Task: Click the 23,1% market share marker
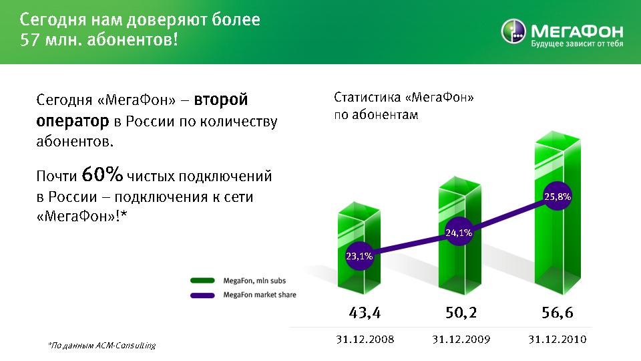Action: click(x=359, y=256)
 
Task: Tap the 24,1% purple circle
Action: click(x=459, y=233)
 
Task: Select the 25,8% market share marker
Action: click(x=558, y=197)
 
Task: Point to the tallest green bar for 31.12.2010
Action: click(x=558, y=213)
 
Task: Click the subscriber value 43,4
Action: click(x=365, y=313)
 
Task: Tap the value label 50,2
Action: click(x=461, y=313)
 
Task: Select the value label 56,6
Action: click(x=558, y=313)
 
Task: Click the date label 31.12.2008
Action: click(x=365, y=340)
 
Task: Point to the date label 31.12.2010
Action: click(x=558, y=340)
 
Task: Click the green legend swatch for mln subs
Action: click(x=202, y=281)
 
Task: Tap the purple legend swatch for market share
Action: click(x=202, y=295)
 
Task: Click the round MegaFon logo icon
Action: click(x=513, y=31)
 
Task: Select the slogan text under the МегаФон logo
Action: click(x=577, y=43)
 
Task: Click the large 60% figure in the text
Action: click(x=102, y=174)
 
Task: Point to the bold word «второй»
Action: click(x=221, y=100)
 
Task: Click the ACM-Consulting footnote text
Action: click(x=102, y=346)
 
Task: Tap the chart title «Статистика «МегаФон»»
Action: click(x=404, y=98)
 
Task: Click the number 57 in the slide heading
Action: click(x=29, y=39)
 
